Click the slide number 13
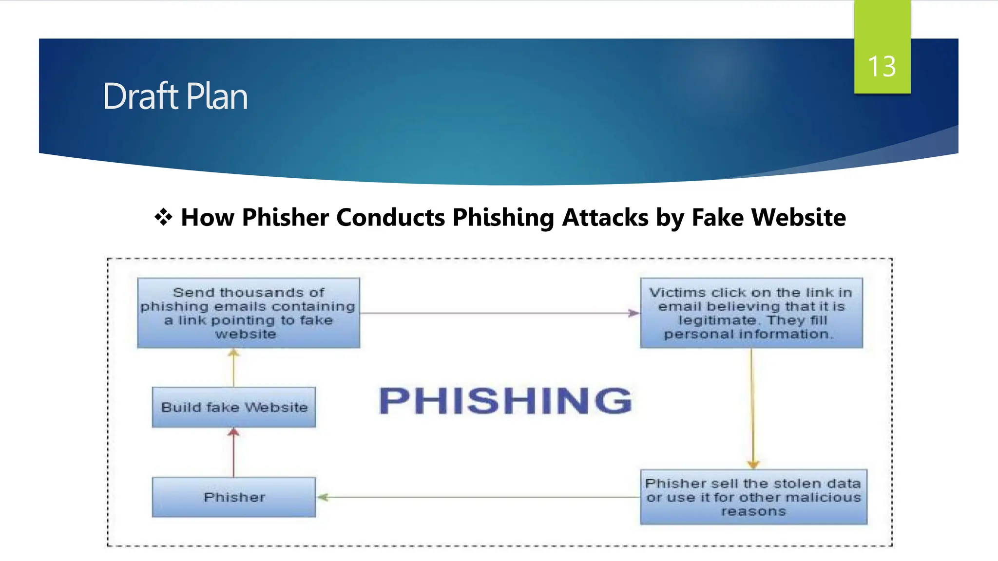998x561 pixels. pyautogui.click(x=882, y=66)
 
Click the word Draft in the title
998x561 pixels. pyautogui.click(x=141, y=96)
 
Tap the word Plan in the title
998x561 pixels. pyautogui.click(x=217, y=96)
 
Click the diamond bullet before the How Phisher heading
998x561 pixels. pyautogui.click(x=163, y=217)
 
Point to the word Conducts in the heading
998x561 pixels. pyautogui.click(x=390, y=217)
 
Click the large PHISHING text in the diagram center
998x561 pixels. pyautogui.click(x=505, y=401)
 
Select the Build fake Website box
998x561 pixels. pyautogui.click(x=234, y=407)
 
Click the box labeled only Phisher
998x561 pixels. pyautogui.click(x=234, y=497)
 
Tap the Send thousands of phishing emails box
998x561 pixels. pyautogui.click(x=249, y=313)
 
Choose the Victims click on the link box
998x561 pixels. pyautogui.click(x=751, y=313)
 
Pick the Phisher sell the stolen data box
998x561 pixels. pyautogui.click(x=753, y=497)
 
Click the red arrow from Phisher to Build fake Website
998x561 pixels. pyautogui.click(x=234, y=453)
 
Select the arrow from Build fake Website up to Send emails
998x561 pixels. pyautogui.click(x=234, y=368)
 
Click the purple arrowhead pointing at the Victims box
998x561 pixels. pyautogui.click(x=633, y=313)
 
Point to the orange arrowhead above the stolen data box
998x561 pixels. pyautogui.click(x=753, y=464)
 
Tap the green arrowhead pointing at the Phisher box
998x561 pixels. pyautogui.click(x=323, y=497)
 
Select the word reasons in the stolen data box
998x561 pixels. pyautogui.click(x=753, y=511)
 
